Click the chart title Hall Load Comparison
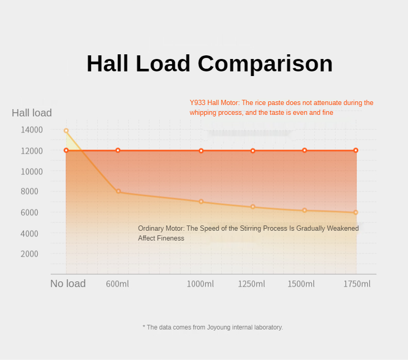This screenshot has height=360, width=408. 209,64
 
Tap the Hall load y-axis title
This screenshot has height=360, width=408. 32,113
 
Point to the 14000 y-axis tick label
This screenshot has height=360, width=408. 32,130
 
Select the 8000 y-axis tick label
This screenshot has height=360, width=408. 30,191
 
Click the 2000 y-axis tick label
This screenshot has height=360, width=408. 30,253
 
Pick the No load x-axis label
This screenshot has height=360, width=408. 68,283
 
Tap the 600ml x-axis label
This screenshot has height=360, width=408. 117,284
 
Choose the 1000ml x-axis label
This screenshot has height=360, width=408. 200,284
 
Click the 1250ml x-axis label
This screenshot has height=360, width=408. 251,284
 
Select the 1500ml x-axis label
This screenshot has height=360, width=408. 301,284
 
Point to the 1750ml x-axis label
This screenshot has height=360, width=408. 357,284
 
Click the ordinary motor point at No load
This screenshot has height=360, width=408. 66,131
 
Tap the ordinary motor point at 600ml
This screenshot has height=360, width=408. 118,192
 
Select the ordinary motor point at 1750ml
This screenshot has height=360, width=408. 356,213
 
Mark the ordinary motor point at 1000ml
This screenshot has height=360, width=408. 201,202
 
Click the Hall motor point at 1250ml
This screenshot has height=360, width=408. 253,151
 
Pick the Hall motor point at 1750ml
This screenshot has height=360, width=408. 356,151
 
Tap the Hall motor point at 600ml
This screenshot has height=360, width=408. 118,151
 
